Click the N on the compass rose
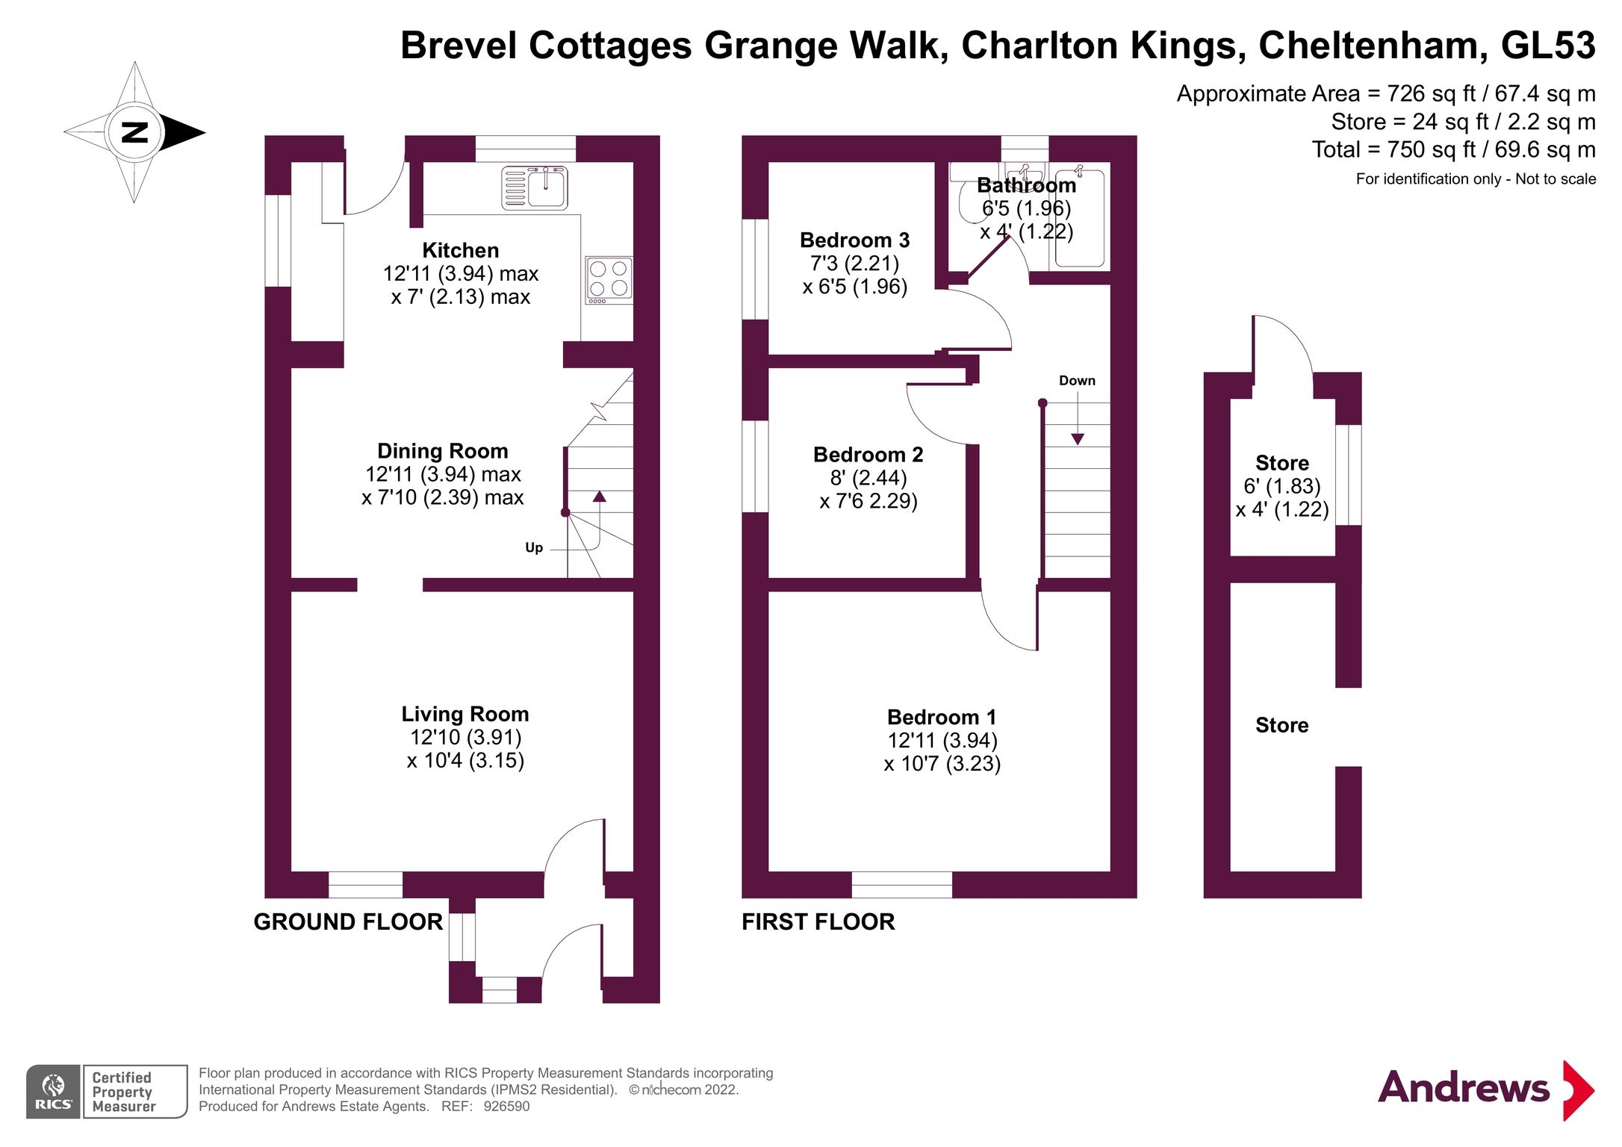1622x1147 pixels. [x=134, y=132]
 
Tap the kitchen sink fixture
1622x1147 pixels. [x=535, y=187]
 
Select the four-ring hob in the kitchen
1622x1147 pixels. [x=609, y=280]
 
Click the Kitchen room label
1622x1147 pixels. [x=460, y=250]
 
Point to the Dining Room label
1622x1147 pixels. [x=442, y=451]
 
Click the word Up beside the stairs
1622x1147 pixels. [x=533, y=547]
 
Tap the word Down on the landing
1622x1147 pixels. [x=1076, y=380]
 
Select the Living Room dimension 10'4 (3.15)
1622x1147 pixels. [x=464, y=760]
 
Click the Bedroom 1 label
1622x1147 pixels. [x=941, y=717]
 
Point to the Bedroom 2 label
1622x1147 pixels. [x=868, y=454]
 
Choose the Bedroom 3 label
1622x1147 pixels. [x=854, y=240]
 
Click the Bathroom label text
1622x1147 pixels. [x=1026, y=185]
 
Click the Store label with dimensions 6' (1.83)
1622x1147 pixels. [x=1281, y=463]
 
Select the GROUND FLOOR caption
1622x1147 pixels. [x=348, y=921]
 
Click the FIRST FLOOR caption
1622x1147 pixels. [x=818, y=921]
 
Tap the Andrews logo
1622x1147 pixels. [x=1485, y=1088]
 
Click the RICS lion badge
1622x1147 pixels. [x=54, y=1091]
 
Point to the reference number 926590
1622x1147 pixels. [x=506, y=1106]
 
